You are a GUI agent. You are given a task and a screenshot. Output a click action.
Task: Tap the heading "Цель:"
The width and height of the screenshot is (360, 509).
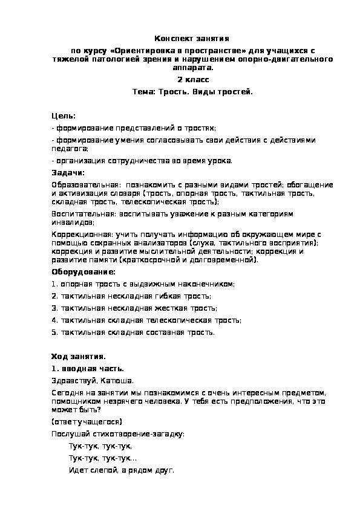pyautogui.click(x=64, y=115)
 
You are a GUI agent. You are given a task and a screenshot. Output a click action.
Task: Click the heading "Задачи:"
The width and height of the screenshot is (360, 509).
pyautogui.click(x=68, y=173)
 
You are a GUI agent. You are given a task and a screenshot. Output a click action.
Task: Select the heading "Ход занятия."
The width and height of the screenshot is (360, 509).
pyautogui.click(x=79, y=357)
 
